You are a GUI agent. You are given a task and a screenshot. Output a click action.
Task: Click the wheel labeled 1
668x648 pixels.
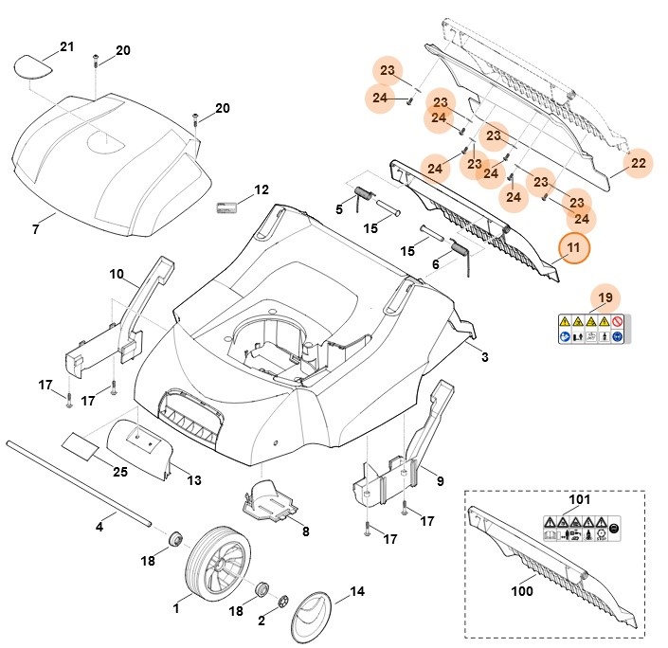click(217, 567)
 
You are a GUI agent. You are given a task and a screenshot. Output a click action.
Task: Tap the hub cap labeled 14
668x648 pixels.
click(314, 616)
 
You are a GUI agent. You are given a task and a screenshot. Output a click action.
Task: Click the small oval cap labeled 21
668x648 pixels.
click(34, 65)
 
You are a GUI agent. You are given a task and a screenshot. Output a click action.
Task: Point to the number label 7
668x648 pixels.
click(35, 229)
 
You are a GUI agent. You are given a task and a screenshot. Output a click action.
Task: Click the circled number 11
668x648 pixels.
click(572, 248)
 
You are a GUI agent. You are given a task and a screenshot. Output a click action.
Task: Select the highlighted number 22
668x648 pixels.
click(639, 163)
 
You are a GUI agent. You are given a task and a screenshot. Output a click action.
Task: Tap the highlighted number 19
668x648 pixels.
click(605, 298)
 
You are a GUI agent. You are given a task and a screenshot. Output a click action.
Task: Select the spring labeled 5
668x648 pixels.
click(363, 195)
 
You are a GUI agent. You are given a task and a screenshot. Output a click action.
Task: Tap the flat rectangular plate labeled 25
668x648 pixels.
click(81, 444)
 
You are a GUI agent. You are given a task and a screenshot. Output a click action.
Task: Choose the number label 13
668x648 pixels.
click(193, 480)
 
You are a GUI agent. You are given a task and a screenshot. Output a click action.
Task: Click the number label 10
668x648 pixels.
click(117, 275)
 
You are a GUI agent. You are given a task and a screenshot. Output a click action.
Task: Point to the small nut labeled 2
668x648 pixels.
click(283, 602)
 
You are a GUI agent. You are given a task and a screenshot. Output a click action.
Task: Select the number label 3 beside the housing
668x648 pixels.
click(484, 357)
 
